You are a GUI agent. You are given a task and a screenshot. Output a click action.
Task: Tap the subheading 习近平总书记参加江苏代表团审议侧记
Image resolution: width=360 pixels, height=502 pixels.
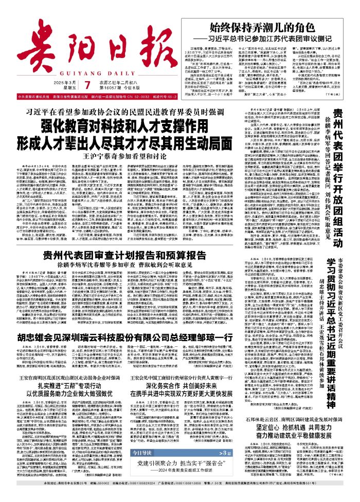pyautogui.click(x=274, y=39)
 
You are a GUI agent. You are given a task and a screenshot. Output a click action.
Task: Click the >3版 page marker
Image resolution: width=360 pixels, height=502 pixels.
pyautogui.click(x=234, y=467)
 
